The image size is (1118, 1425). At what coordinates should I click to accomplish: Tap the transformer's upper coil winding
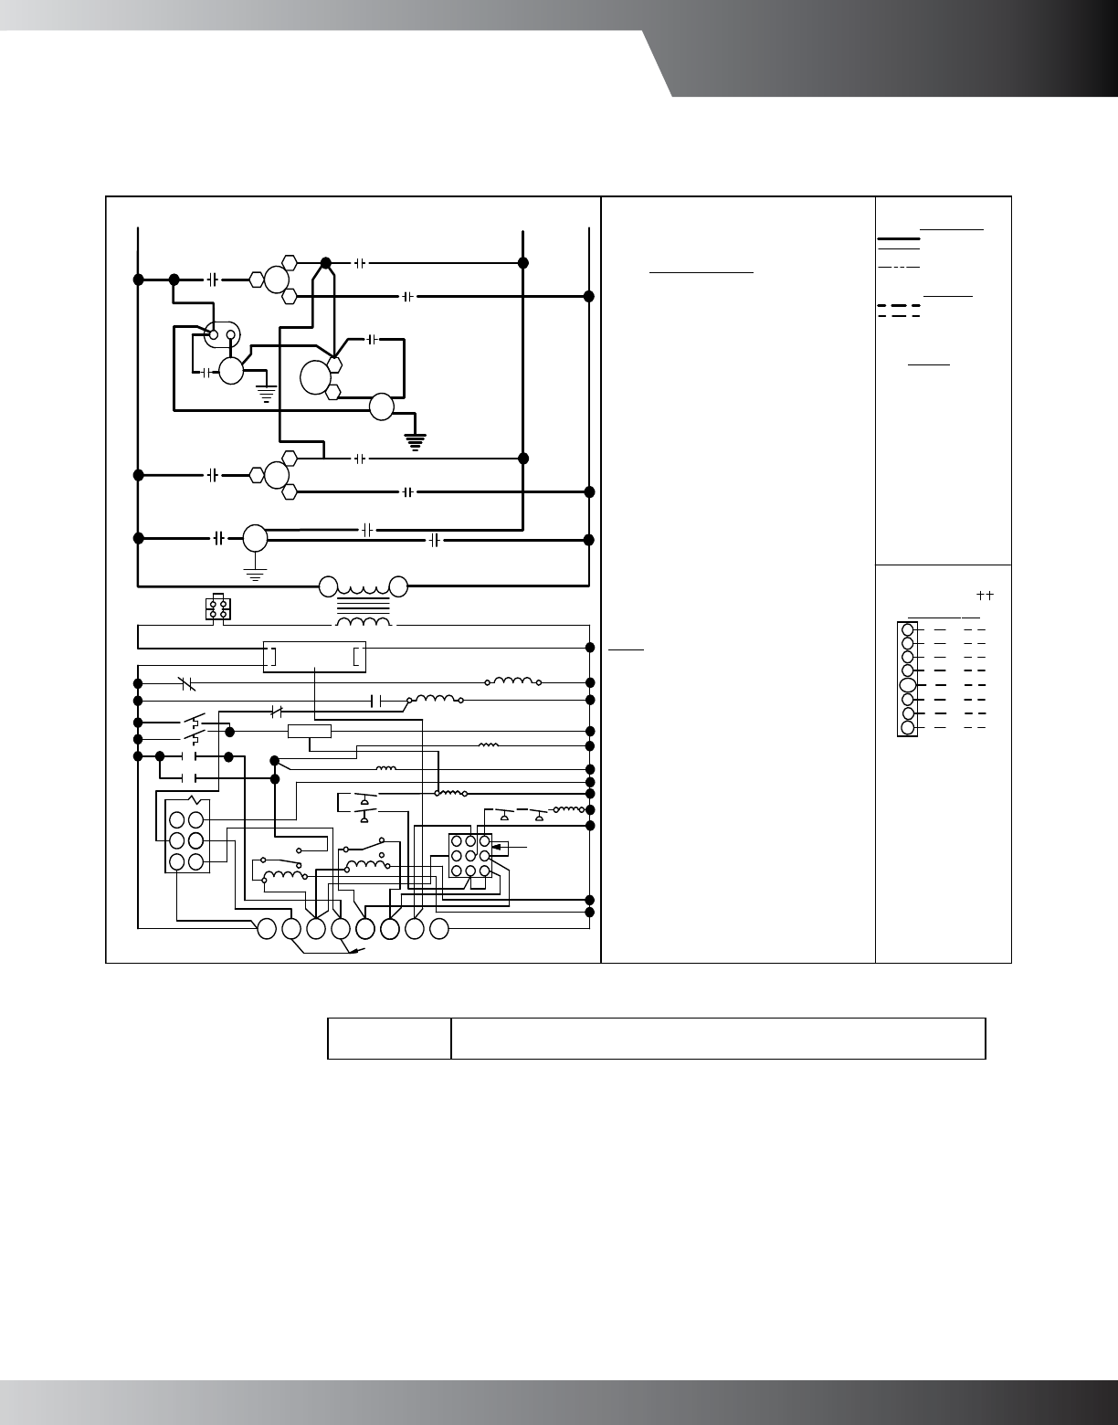(x=364, y=586)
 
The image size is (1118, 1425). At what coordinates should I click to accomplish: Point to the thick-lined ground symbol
(x=417, y=443)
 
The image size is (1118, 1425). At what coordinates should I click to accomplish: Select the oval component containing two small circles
(x=222, y=335)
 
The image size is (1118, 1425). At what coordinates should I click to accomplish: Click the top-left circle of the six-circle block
(x=176, y=819)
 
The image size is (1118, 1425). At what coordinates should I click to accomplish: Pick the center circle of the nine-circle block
(x=469, y=856)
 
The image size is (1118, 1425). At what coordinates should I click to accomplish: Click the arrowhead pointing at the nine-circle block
(x=496, y=849)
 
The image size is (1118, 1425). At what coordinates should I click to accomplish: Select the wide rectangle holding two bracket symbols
(x=314, y=657)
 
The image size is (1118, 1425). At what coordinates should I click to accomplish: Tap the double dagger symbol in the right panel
(x=984, y=595)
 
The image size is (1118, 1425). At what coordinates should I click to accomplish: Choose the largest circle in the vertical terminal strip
(x=907, y=685)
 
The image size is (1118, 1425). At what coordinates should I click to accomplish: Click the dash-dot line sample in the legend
(x=898, y=267)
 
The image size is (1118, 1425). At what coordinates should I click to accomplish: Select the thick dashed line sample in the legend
(x=898, y=305)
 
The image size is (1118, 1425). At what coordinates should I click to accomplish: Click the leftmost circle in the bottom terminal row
(x=267, y=929)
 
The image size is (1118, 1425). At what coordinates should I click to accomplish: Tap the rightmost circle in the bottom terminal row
(x=439, y=929)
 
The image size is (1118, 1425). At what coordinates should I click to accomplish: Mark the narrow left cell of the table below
(x=389, y=1039)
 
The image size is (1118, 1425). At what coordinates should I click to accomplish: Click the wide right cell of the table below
(x=718, y=1039)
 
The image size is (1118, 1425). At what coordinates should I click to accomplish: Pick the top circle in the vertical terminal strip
(x=907, y=629)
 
